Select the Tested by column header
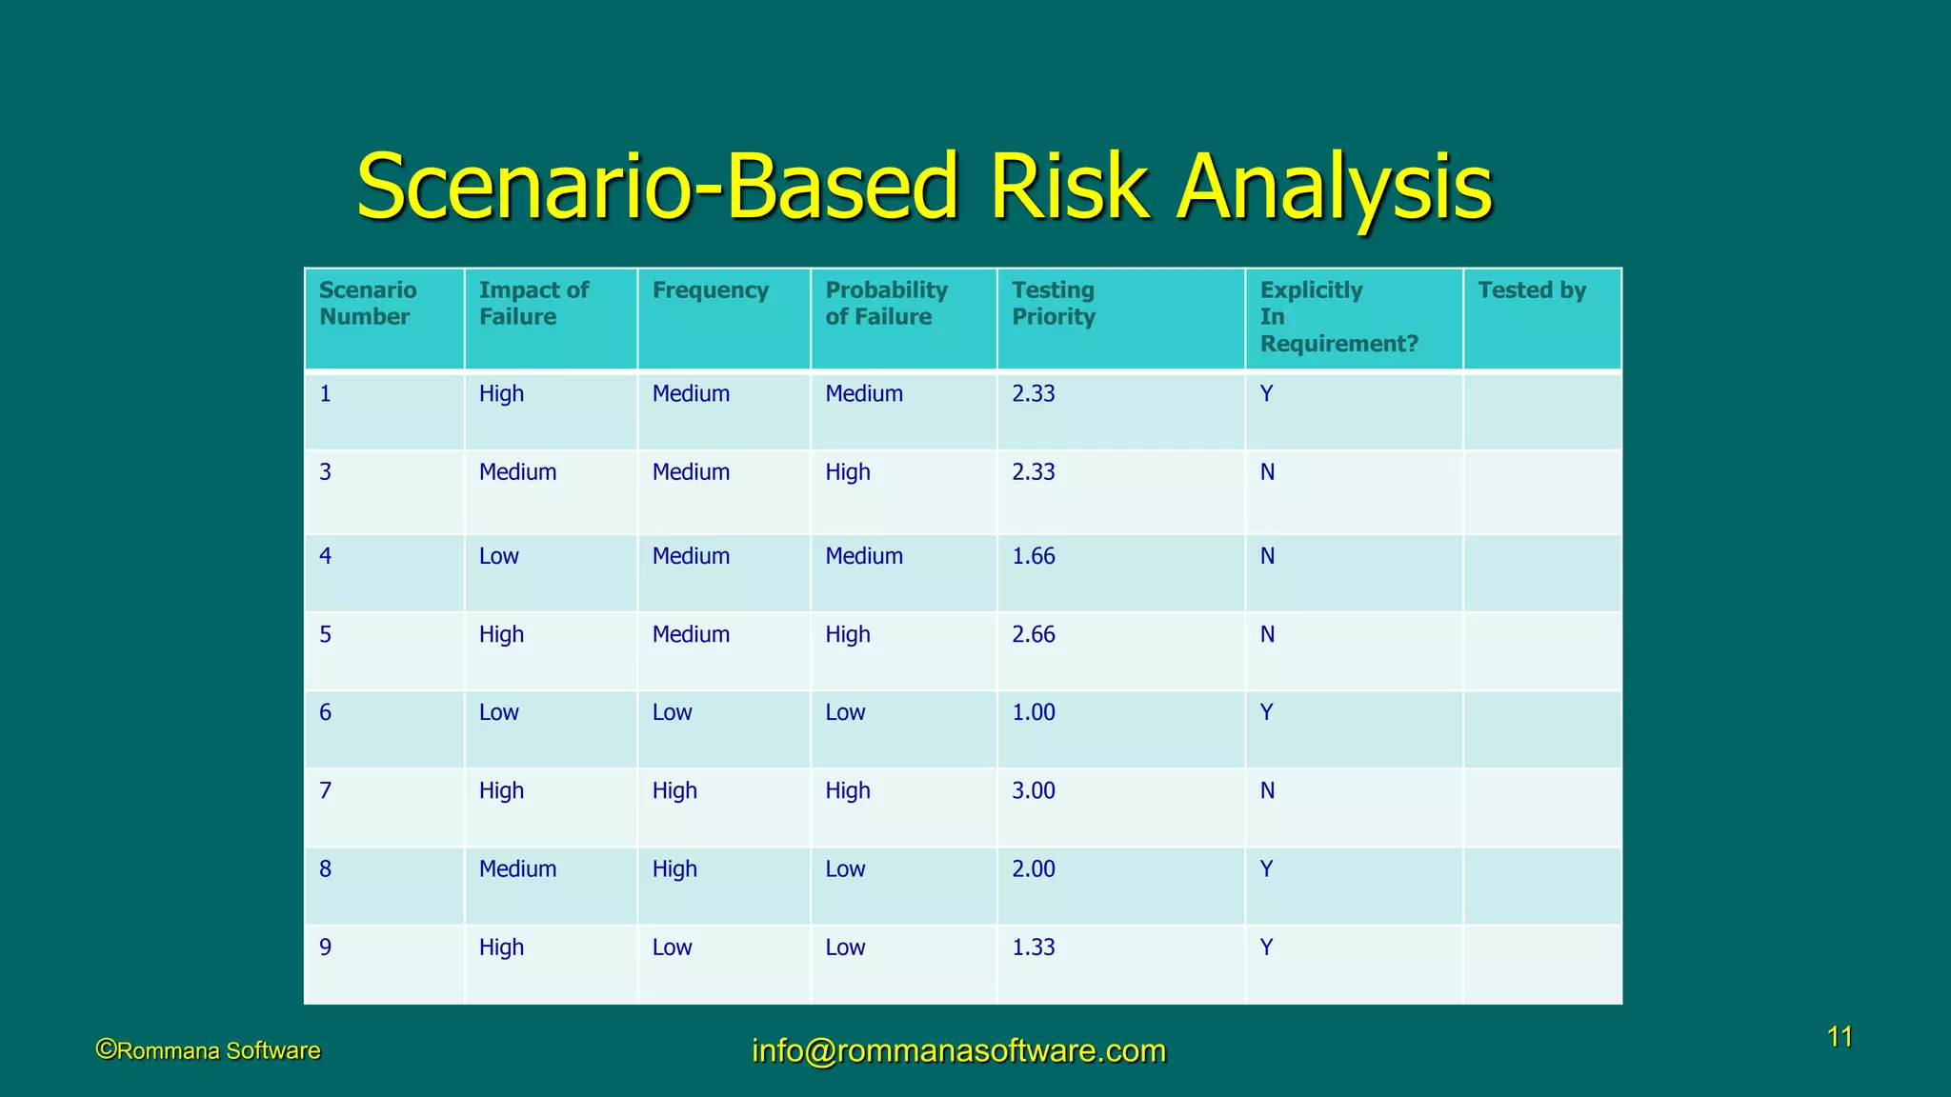tap(1531, 290)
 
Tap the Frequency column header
tap(710, 290)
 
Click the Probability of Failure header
tap(886, 303)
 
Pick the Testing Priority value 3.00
tap(1034, 790)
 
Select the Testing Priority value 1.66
tap(1034, 556)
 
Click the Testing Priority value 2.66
tap(1034, 634)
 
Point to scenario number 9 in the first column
tap(326, 947)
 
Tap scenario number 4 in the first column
tap(326, 556)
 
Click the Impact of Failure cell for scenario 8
tap(517, 868)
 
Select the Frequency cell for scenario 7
tap(674, 790)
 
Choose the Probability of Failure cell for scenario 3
tap(848, 472)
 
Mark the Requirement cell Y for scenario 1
tap(1266, 394)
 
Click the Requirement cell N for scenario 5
tap(1267, 634)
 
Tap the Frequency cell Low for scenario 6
tap(672, 712)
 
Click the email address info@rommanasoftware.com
tap(958, 1050)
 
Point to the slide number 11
tap(1840, 1037)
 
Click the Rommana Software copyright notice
tap(209, 1050)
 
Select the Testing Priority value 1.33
tap(1034, 947)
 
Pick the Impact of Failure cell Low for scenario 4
tap(498, 556)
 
